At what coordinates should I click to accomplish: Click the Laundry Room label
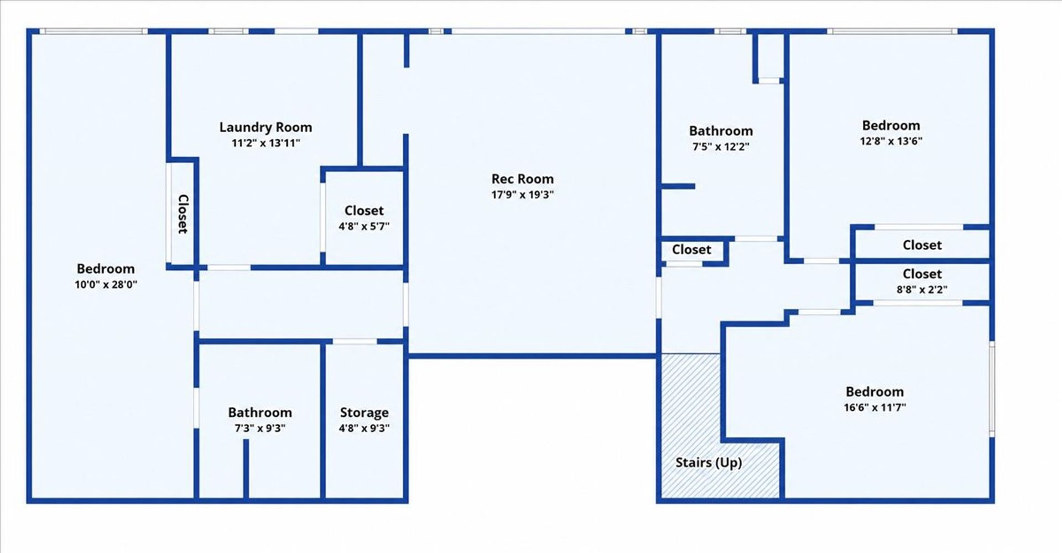click(x=265, y=128)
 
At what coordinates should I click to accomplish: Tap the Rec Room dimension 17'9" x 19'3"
click(x=522, y=195)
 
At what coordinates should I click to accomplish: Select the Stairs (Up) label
click(x=709, y=463)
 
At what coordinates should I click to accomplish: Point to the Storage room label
click(x=364, y=413)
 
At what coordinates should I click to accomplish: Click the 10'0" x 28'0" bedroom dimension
click(x=106, y=285)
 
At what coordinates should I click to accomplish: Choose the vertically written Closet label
click(x=183, y=214)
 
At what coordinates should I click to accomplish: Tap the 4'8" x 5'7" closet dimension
click(x=364, y=226)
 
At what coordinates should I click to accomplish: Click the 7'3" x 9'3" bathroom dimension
click(x=260, y=428)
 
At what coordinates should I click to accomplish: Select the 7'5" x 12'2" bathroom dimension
click(x=721, y=147)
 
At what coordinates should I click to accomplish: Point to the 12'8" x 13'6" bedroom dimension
click(x=891, y=141)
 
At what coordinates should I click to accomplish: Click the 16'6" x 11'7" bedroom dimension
click(x=874, y=408)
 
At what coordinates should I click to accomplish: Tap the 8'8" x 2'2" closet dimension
click(x=922, y=289)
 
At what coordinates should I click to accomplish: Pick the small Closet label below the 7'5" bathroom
click(x=691, y=250)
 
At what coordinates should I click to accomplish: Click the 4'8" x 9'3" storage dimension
click(x=364, y=428)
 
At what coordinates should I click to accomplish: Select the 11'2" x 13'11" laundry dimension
click(x=265, y=143)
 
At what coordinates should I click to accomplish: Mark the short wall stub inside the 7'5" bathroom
click(x=678, y=186)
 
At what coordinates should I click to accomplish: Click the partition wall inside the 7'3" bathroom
click(x=246, y=469)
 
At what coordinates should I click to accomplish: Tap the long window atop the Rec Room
click(x=538, y=32)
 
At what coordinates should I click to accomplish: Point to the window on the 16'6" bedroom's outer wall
click(x=992, y=389)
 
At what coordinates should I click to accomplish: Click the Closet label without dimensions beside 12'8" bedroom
click(x=922, y=245)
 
